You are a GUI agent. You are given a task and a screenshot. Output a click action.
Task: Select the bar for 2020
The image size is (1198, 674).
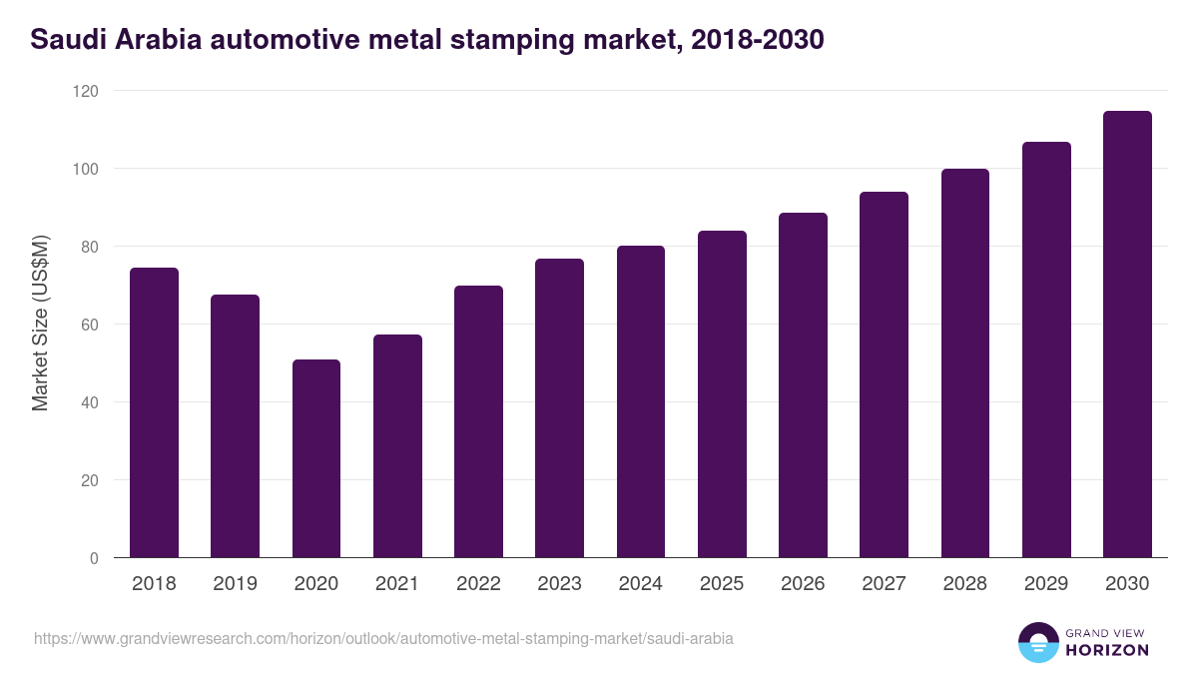[316, 459]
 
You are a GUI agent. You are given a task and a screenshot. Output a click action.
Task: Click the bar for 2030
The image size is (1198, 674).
[1127, 335]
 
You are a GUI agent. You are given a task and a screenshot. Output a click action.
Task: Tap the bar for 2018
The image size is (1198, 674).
[154, 412]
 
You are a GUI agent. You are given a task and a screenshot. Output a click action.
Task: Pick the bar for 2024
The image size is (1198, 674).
[641, 401]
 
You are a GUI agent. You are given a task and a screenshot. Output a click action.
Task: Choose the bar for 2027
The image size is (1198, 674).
[884, 374]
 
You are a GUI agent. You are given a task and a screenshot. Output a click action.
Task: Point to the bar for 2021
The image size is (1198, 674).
[397, 446]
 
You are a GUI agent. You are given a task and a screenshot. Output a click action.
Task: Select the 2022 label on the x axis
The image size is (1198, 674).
[478, 584]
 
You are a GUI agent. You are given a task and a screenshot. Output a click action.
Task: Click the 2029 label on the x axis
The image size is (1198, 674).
[1046, 584]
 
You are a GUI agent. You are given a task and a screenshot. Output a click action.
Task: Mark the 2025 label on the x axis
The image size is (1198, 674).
[722, 584]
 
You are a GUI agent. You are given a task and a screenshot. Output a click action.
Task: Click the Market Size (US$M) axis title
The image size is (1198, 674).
[41, 324]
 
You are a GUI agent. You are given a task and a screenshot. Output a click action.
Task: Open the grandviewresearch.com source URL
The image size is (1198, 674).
[383, 638]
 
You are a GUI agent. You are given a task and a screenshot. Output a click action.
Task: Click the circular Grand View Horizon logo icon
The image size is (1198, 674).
[1037, 642]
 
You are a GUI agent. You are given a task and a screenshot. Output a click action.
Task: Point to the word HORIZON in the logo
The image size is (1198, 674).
[1106, 650]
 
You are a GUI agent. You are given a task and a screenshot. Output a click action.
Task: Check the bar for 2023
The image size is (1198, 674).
[559, 407]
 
